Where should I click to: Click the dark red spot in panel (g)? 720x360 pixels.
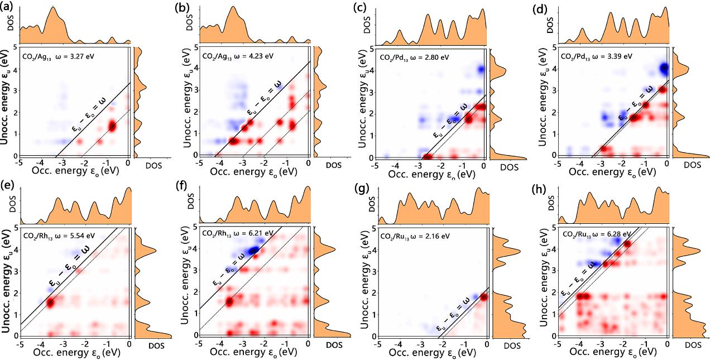click(x=483, y=296)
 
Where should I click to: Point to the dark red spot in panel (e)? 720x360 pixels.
click(x=51, y=303)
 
